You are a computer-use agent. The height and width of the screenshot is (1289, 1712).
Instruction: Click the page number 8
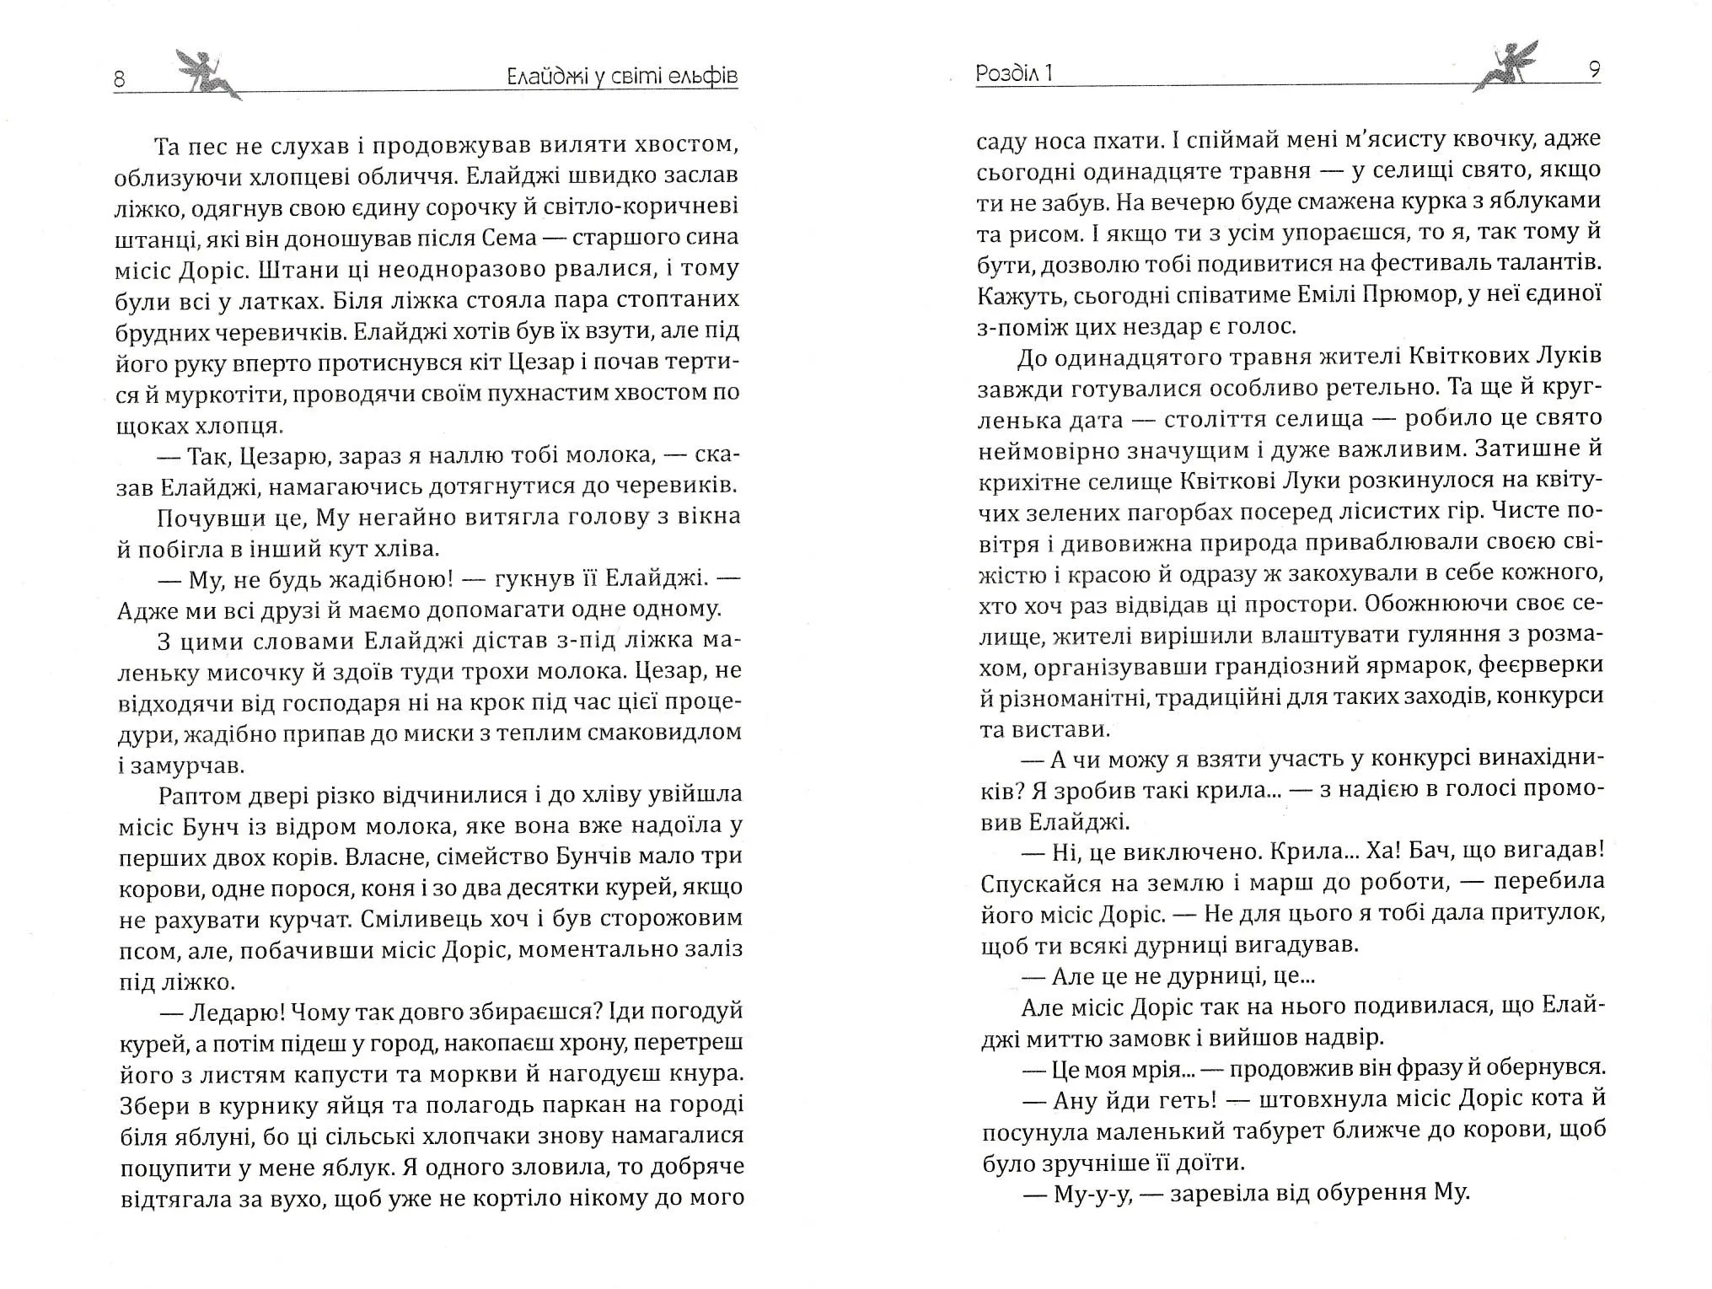pyautogui.click(x=119, y=78)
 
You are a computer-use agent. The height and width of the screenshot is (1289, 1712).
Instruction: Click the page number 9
pyautogui.click(x=1594, y=70)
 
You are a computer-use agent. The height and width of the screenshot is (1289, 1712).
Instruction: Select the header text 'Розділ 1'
pyautogui.click(x=1014, y=73)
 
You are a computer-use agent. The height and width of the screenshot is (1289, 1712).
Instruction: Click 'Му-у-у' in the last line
pyautogui.click(x=1091, y=1193)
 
